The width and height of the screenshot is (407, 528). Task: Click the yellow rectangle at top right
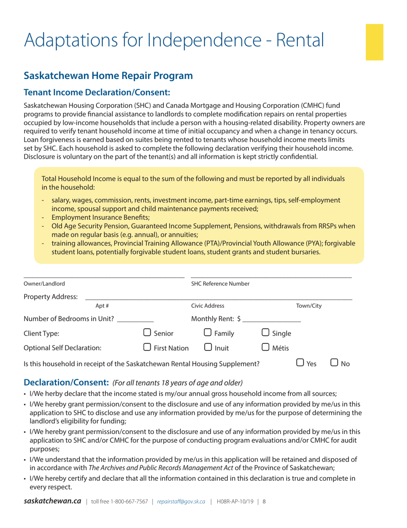(374, 43)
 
